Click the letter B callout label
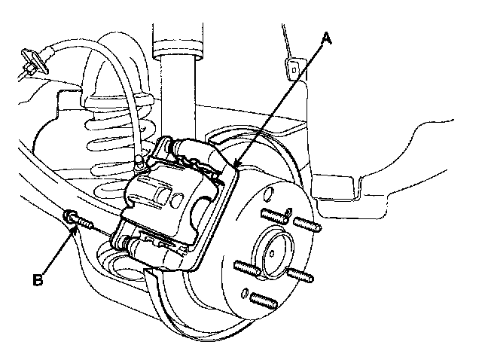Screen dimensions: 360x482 click(37, 281)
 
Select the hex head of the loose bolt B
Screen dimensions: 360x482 click(69, 217)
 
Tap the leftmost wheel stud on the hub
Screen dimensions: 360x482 click(246, 267)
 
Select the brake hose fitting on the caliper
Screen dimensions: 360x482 click(139, 162)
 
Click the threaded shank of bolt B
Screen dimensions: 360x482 click(84, 223)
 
